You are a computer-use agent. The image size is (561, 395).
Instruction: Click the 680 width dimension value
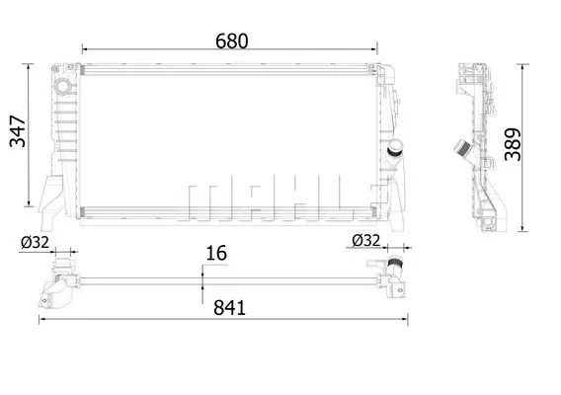click(231, 41)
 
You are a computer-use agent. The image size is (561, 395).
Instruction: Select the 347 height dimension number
click(18, 131)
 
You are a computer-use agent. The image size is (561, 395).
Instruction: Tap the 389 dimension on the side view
click(513, 144)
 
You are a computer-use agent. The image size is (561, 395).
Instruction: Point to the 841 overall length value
click(229, 308)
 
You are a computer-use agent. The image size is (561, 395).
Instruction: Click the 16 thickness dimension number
click(216, 253)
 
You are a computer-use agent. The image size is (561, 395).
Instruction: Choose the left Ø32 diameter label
click(35, 243)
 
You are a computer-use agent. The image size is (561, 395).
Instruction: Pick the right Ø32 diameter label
click(365, 240)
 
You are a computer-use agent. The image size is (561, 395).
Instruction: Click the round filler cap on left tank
click(63, 87)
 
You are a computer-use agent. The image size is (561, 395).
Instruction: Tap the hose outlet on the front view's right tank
click(395, 148)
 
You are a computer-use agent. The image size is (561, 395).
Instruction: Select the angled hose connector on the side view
click(464, 148)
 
